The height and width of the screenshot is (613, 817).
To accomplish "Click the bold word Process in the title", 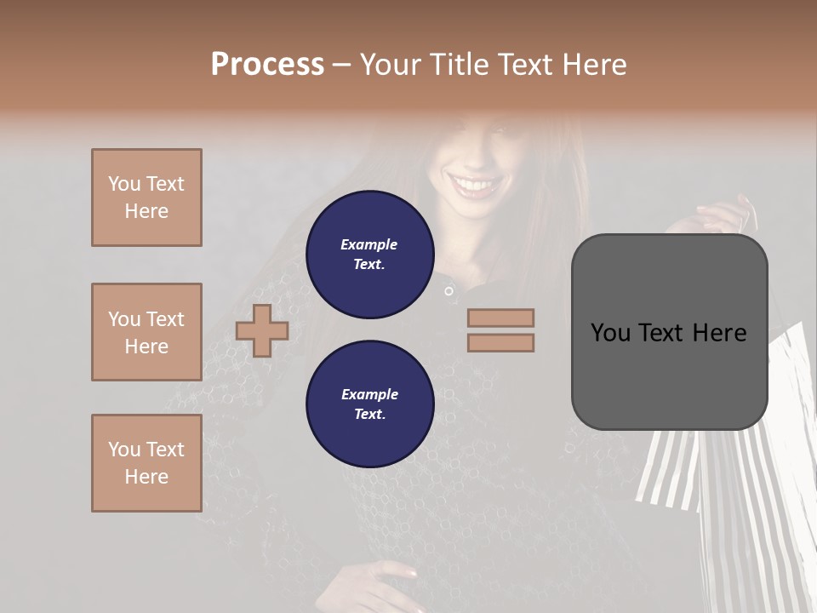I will [267, 65].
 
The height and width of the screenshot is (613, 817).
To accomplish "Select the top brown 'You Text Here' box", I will [146, 198].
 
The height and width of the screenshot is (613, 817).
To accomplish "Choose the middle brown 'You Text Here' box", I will [146, 332].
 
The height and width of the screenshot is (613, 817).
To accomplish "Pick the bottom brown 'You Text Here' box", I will [146, 463].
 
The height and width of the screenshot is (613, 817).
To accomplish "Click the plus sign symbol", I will [262, 330].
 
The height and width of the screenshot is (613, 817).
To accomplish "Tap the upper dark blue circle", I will [369, 255].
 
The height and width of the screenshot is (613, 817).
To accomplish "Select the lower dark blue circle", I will [369, 404].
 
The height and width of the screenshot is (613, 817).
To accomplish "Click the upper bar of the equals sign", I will [500, 318].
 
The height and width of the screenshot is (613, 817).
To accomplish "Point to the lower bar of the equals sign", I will [500, 342].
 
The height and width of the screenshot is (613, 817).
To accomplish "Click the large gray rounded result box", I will [669, 332].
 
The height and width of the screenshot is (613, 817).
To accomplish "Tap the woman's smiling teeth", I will [474, 184].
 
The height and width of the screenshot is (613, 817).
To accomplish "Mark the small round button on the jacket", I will [448, 291].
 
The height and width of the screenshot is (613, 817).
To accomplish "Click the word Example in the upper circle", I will [369, 244].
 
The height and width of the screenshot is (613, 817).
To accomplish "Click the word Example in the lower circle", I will [369, 394].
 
